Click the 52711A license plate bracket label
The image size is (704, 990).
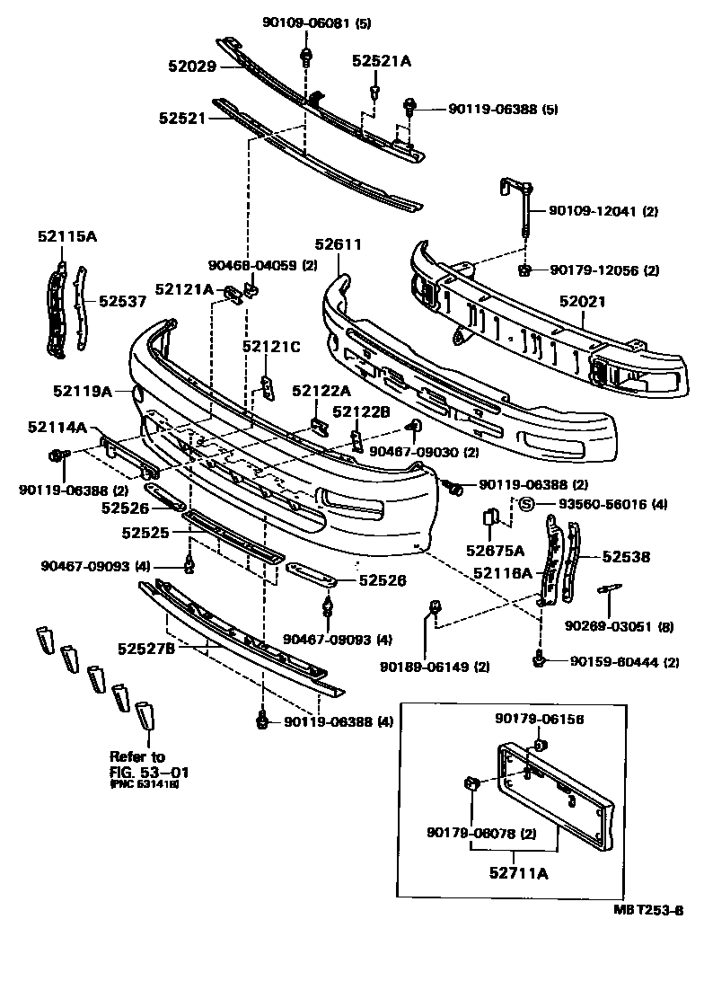(518, 871)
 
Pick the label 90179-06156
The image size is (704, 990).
(539, 719)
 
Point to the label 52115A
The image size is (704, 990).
(67, 236)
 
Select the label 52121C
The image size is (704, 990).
(270, 346)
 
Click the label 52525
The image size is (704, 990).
(145, 533)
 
